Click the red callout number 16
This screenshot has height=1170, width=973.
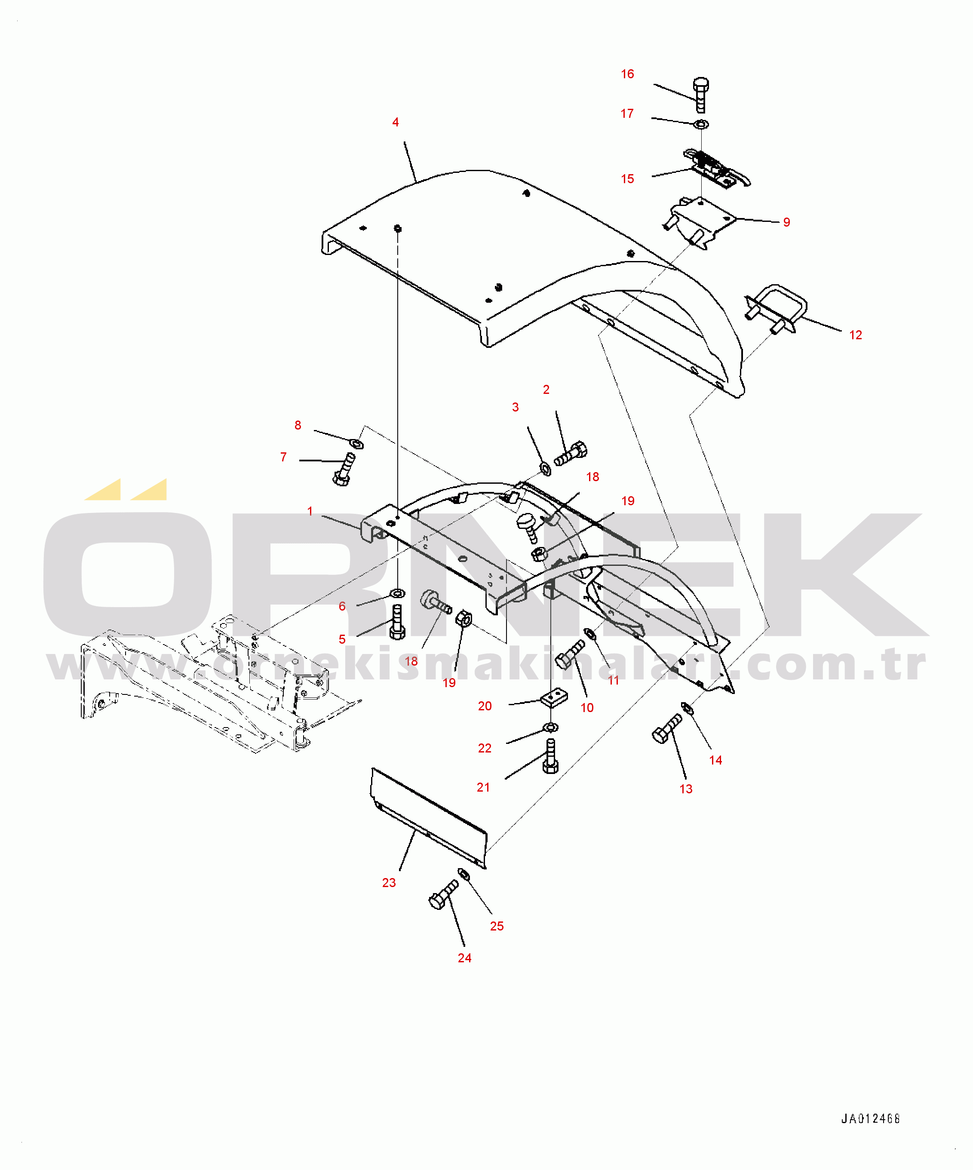[x=627, y=74]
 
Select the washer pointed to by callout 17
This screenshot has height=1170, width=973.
[x=701, y=124]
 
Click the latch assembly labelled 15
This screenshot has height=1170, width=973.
[x=716, y=168]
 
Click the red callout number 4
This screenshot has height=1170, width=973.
[x=396, y=122]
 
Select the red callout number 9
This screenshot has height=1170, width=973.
[x=786, y=222]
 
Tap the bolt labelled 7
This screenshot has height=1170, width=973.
[x=344, y=469]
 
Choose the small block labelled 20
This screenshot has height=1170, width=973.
[x=554, y=697]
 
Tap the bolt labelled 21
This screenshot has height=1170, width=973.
[x=550, y=755]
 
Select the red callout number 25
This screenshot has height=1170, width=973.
[x=497, y=926]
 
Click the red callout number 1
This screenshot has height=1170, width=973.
[x=310, y=511]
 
